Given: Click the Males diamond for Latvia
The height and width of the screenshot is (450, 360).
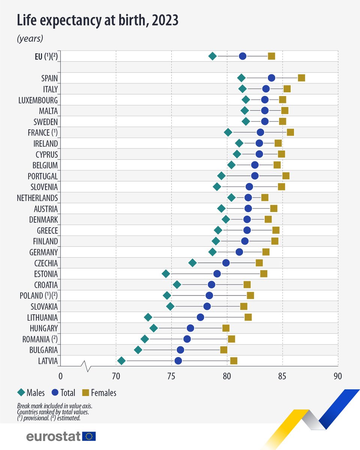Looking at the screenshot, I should point(121,361).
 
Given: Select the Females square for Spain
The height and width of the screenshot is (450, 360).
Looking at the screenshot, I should point(301,78).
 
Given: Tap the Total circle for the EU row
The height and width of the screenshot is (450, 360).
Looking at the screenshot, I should point(243,56).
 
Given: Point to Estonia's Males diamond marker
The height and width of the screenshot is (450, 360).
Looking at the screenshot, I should point(166,274).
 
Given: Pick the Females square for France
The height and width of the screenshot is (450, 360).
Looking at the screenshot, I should point(290,132).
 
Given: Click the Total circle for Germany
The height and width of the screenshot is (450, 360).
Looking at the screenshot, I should point(239,252).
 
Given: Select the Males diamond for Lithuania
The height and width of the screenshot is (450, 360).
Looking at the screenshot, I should point(148,317).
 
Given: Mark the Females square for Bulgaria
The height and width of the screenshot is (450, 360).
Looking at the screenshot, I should point(224,350).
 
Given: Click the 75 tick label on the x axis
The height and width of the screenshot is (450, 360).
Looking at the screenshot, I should point(171,376).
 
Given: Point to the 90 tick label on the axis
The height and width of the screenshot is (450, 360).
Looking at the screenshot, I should point(338,376).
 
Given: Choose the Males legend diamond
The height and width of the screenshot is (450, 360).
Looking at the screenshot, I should point(21,393).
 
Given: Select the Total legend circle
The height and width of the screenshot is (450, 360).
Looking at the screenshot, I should point(55,393).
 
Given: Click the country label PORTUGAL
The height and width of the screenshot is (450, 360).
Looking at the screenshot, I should point(43,176).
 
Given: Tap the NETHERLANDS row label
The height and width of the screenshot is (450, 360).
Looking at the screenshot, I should point(37,198).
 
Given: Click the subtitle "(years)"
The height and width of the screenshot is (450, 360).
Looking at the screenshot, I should point(30,38).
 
